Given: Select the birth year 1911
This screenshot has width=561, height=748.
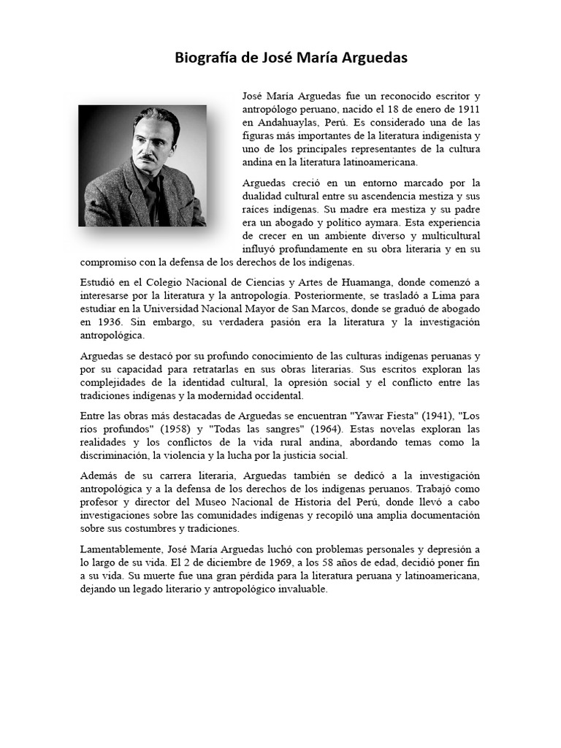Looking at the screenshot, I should [x=468, y=109].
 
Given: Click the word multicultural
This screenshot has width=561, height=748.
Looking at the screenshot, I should [x=444, y=235].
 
